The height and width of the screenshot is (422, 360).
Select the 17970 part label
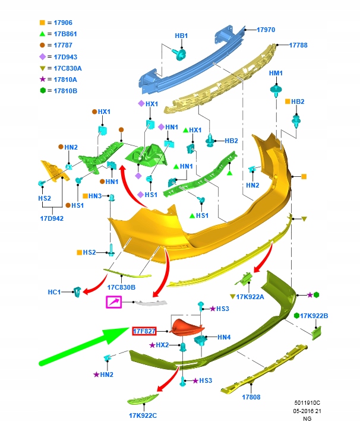266,29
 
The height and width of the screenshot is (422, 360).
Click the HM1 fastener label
276,73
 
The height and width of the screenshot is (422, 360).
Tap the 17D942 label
51,218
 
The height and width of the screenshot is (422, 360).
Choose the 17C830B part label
121,287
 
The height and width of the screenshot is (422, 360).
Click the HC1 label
55,292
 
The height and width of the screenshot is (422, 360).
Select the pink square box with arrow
113,303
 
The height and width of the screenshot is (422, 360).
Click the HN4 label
224,337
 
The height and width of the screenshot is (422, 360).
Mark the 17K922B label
314,316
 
